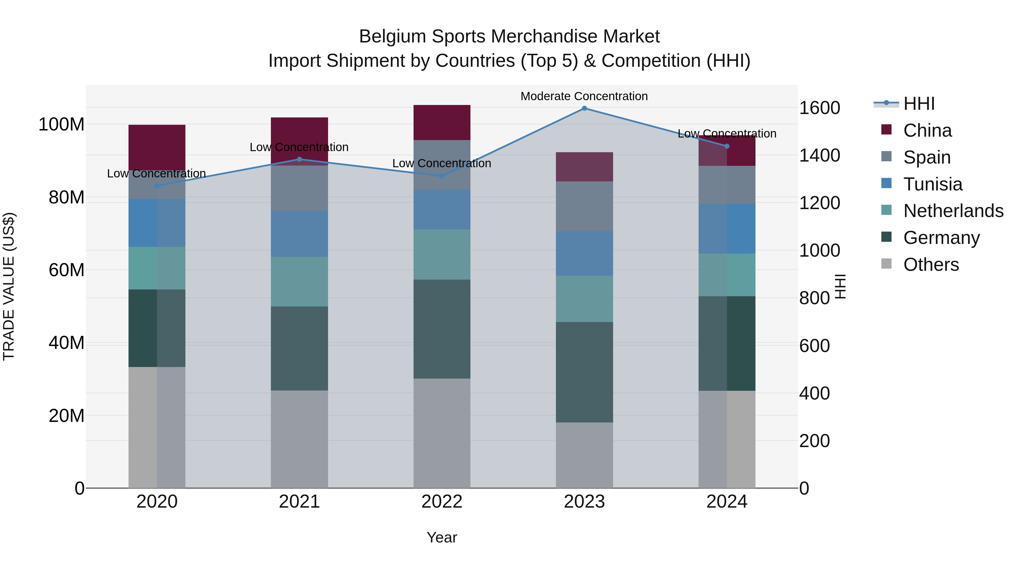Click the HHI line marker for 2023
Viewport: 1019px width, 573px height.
pyautogui.click(x=584, y=108)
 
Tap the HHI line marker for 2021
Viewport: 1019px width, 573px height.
pyautogui.click(x=299, y=159)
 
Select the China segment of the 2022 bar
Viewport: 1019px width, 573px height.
pyautogui.click(x=442, y=123)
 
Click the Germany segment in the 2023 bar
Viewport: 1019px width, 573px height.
pyautogui.click(x=584, y=372)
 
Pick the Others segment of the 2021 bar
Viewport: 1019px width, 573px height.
pyautogui.click(x=299, y=439)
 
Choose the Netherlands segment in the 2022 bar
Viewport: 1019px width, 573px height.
pyautogui.click(x=442, y=254)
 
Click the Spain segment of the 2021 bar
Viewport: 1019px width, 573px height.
pyautogui.click(x=299, y=188)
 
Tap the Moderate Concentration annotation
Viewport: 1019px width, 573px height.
pyautogui.click(x=584, y=96)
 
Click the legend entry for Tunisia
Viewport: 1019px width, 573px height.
pyautogui.click(x=932, y=184)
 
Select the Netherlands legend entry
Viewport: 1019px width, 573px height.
pyautogui.click(x=953, y=211)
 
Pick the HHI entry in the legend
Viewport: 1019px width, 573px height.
pyautogui.click(x=919, y=104)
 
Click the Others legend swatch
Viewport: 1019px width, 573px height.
pyautogui.click(x=887, y=264)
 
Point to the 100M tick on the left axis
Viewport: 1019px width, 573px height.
pyautogui.click(x=61, y=125)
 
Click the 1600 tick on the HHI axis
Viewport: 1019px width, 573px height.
pyautogui.click(x=820, y=108)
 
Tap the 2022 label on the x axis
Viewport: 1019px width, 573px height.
pyautogui.click(x=442, y=502)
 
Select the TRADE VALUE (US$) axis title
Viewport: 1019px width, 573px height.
pyautogui.click(x=9, y=286)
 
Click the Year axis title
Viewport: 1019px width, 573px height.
pyautogui.click(x=442, y=537)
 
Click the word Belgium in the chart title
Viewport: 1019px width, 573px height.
pyautogui.click(x=392, y=37)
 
